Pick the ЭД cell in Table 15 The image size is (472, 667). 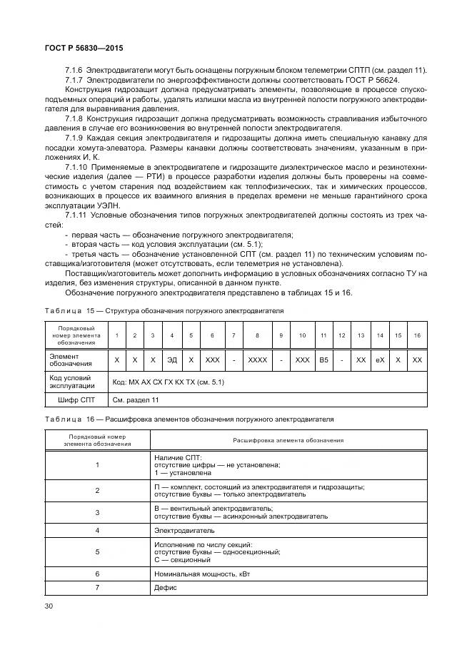(171, 360)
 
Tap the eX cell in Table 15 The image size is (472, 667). (380, 360)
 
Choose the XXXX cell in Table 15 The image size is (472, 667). (257, 360)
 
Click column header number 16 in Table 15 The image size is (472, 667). (417, 335)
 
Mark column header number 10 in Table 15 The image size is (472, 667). (303, 335)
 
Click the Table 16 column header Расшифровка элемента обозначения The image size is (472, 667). (288, 439)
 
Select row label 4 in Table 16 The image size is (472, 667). (97, 531)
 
